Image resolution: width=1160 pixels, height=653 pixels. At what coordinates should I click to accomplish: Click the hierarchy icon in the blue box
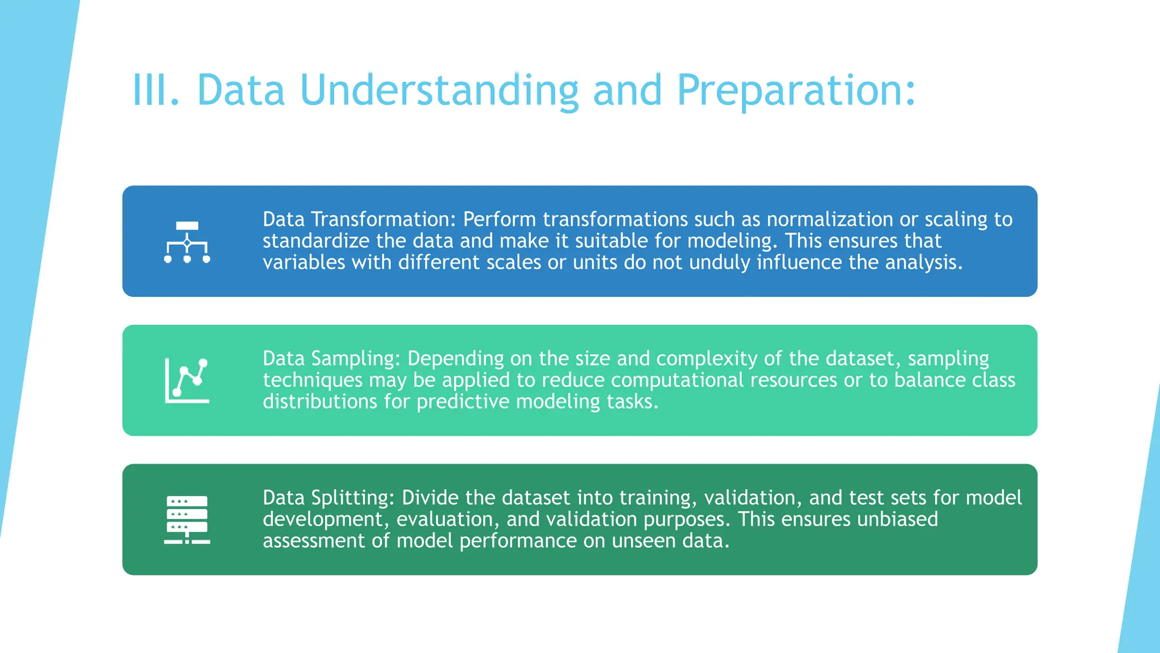pyautogui.click(x=187, y=242)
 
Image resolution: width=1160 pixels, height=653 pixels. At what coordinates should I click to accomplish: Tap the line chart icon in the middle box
pyautogui.click(x=187, y=380)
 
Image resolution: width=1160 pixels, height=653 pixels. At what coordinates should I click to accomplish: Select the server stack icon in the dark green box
pyautogui.click(x=187, y=520)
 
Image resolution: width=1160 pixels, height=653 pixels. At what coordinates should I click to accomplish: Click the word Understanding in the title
pyautogui.click(x=439, y=91)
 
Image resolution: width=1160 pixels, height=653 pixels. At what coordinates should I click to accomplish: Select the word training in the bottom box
pyautogui.click(x=657, y=498)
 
